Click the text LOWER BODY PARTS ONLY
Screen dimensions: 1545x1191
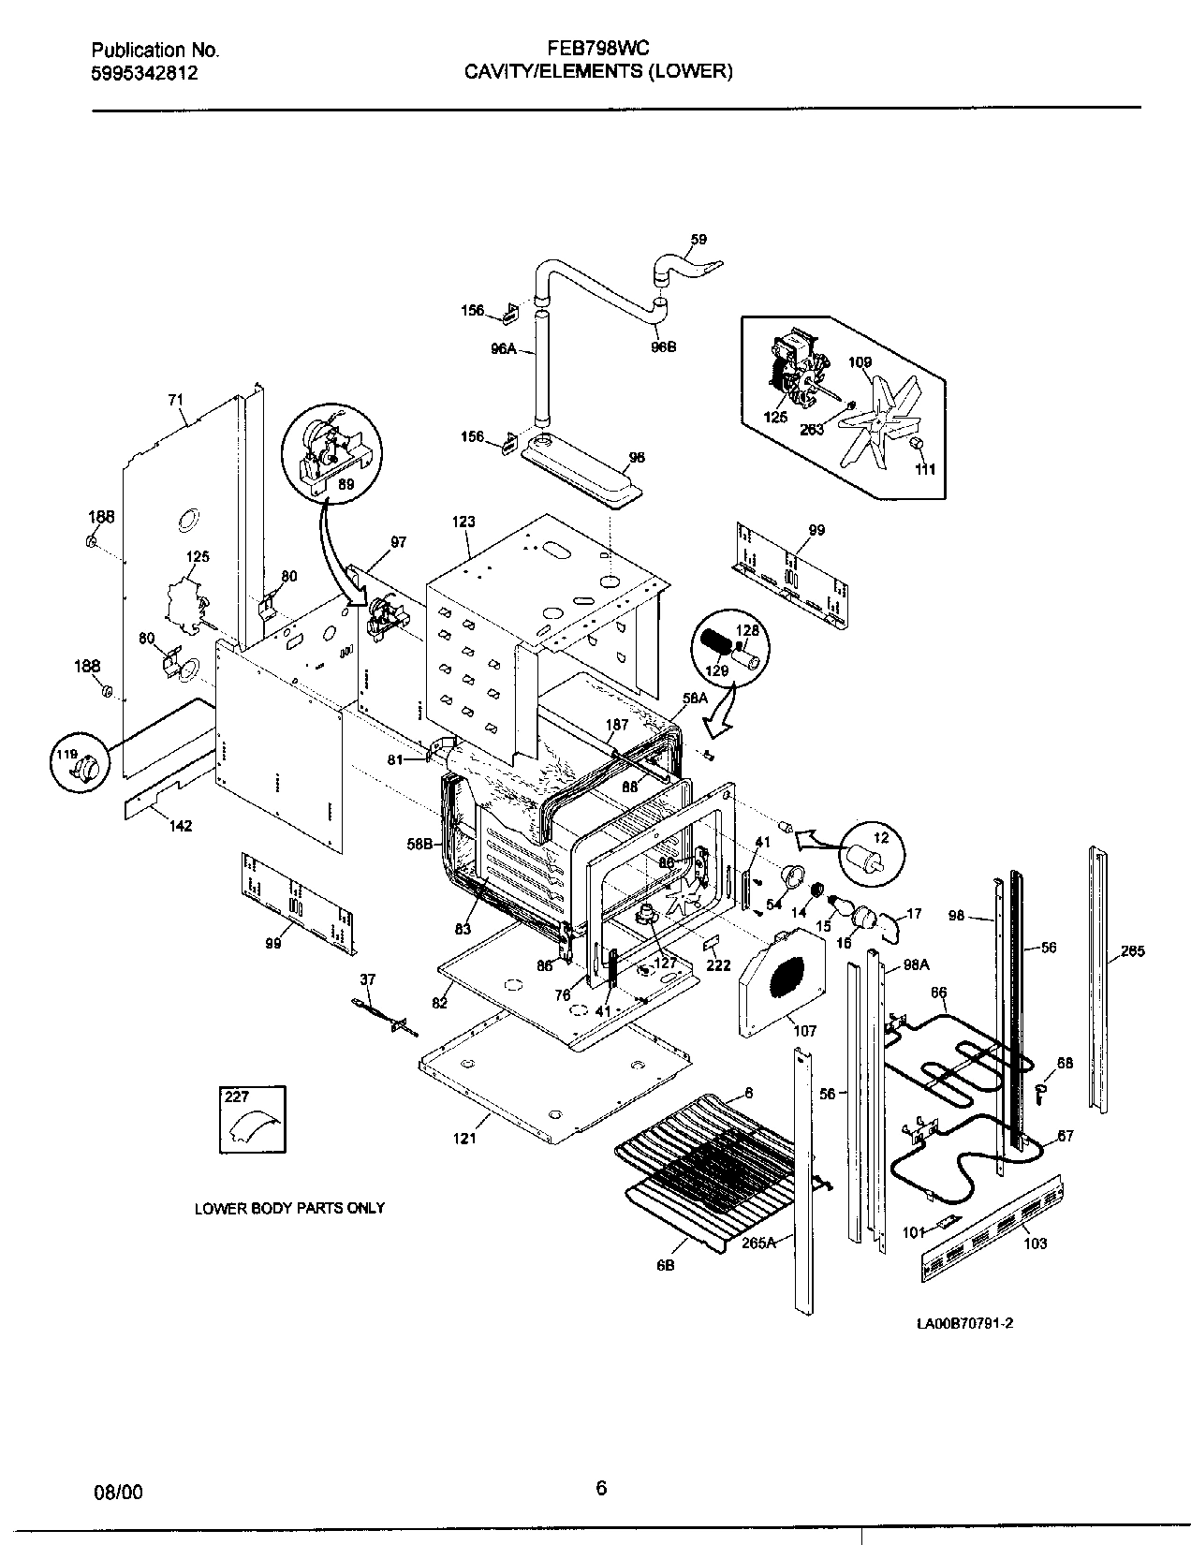[289, 1208]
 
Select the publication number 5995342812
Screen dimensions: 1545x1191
[145, 74]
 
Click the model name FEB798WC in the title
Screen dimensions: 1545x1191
[598, 50]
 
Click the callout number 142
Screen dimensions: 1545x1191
[180, 826]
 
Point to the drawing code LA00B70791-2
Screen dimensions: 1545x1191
[965, 1323]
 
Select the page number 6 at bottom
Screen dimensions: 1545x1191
[601, 1488]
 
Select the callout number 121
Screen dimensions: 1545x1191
[465, 1138]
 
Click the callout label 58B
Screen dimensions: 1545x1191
[419, 845]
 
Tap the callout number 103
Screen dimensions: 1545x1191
[1036, 1243]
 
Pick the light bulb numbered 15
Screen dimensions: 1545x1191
[840, 907]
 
